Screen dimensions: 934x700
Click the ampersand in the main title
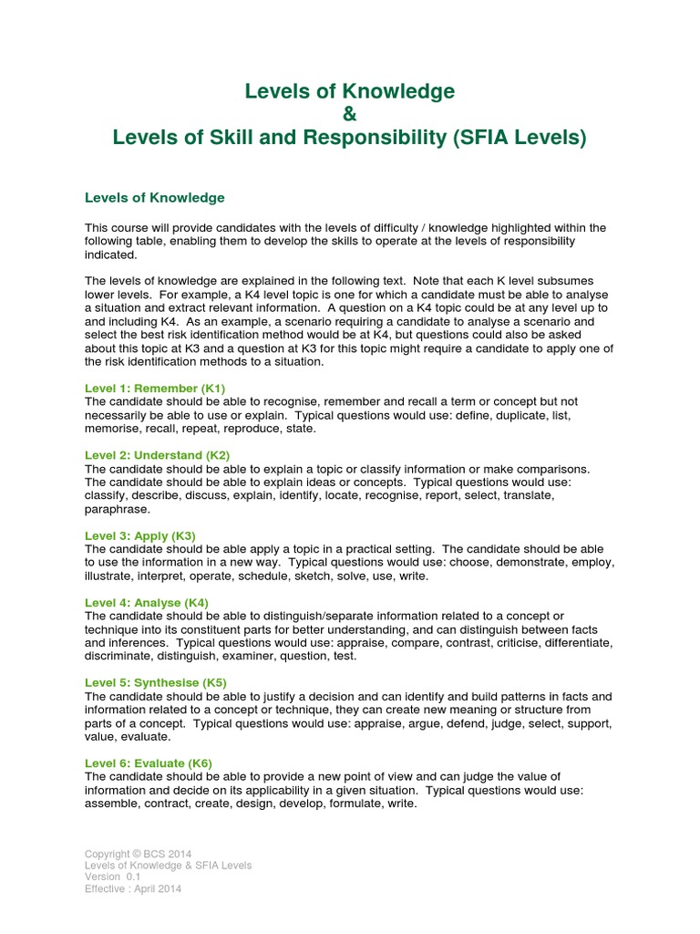pyautogui.click(x=350, y=115)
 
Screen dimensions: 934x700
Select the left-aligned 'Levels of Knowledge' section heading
pyautogui.click(x=154, y=198)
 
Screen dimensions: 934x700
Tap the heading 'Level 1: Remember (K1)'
pyautogui.click(x=154, y=388)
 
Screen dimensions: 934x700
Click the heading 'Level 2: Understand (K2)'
pyautogui.click(x=157, y=454)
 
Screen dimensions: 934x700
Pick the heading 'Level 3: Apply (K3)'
pyautogui.click(x=139, y=535)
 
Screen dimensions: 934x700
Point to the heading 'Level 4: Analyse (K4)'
pyautogui.click(x=147, y=602)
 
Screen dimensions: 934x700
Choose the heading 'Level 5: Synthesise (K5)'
pyautogui.click(x=156, y=682)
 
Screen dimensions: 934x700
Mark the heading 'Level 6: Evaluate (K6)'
pyautogui.click(x=149, y=763)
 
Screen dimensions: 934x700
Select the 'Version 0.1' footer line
pyautogui.click(x=113, y=877)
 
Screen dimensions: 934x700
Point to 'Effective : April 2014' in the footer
pyautogui.click(x=133, y=889)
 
